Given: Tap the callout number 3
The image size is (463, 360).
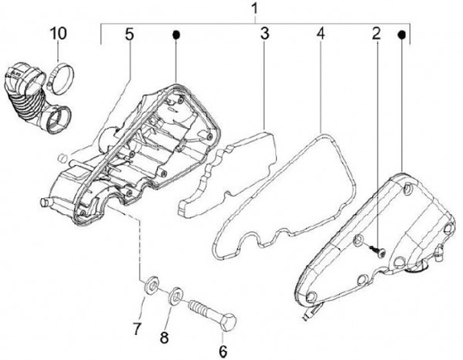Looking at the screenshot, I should pyautogui.click(x=264, y=33).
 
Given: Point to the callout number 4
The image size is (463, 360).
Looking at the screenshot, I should pyautogui.click(x=320, y=33).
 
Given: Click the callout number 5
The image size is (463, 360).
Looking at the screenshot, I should pyautogui.click(x=129, y=33).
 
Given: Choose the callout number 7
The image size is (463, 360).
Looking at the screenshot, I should pyautogui.click(x=136, y=329).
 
